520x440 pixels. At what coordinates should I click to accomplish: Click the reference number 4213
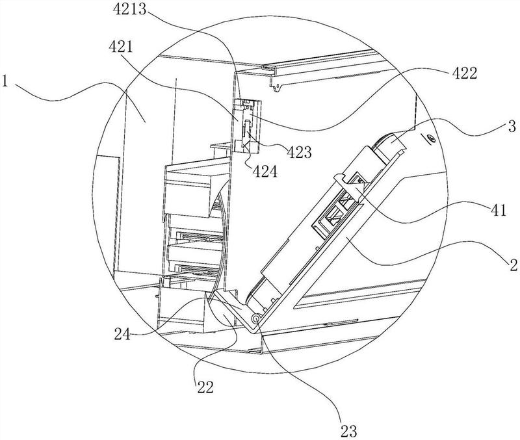pyautogui.click(x=129, y=8)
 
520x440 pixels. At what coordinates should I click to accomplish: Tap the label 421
pyautogui.click(x=121, y=47)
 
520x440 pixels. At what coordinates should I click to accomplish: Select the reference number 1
pyautogui.click(x=5, y=81)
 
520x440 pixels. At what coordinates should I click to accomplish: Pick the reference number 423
pyautogui.click(x=299, y=153)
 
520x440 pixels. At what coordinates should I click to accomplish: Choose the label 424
pyautogui.click(x=265, y=172)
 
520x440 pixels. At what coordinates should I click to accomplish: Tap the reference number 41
pyautogui.click(x=498, y=210)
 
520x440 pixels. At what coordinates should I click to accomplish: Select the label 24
pyautogui.click(x=123, y=334)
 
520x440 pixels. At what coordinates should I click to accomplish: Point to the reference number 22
pyautogui.click(x=205, y=387)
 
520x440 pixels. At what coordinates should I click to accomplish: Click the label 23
pyautogui.click(x=348, y=431)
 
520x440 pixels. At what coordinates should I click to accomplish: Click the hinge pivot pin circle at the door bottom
pyautogui.click(x=256, y=318)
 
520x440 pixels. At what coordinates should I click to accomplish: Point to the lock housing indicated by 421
pyautogui.click(x=247, y=125)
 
